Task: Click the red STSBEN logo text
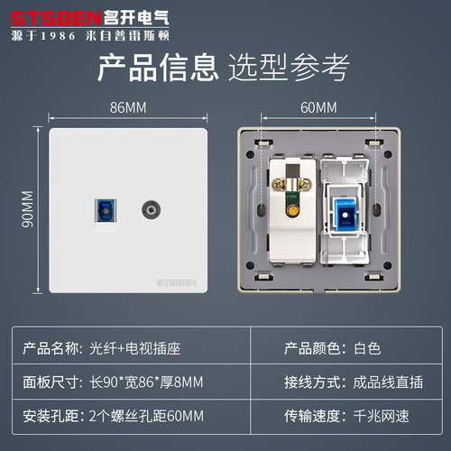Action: [56, 18]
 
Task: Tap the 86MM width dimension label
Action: [128, 107]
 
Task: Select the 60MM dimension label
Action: [318, 107]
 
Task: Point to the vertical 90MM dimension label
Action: [28, 209]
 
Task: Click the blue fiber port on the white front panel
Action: [106, 210]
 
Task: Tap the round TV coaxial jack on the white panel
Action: [151, 210]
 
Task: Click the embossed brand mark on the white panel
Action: [176, 282]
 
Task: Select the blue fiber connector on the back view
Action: [345, 215]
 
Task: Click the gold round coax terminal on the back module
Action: [291, 210]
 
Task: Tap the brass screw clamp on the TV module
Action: [291, 184]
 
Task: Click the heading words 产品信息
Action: [158, 68]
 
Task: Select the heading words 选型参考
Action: [289, 68]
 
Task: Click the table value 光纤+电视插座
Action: [135, 349]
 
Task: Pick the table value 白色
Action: [367, 349]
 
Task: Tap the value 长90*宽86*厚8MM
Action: [146, 382]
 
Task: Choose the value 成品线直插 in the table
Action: [388, 382]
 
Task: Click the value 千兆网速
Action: [381, 416]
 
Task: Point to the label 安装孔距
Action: [51, 416]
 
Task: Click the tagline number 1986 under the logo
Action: [58, 36]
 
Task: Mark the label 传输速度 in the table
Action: [312, 416]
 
